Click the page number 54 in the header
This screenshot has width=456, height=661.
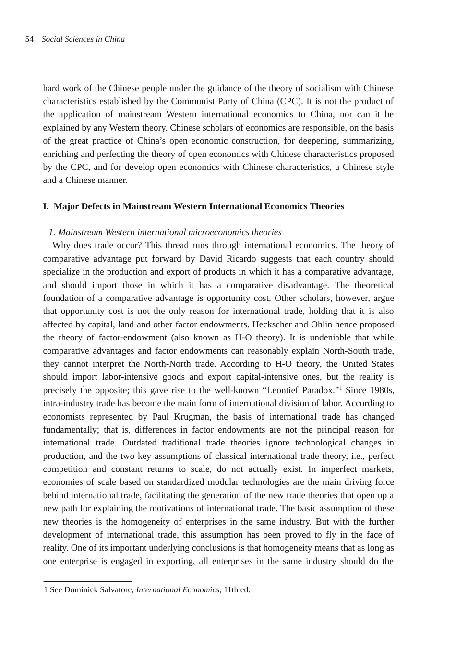(x=29, y=39)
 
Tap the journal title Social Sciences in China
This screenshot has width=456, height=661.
(x=83, y=39)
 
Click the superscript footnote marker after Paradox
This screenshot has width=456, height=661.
(x=340, y=388)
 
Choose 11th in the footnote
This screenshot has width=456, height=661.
(x=231, y=589)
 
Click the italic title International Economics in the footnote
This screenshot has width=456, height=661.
(x=177, y=589)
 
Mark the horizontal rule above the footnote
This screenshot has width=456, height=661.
(x=87, y=582)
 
